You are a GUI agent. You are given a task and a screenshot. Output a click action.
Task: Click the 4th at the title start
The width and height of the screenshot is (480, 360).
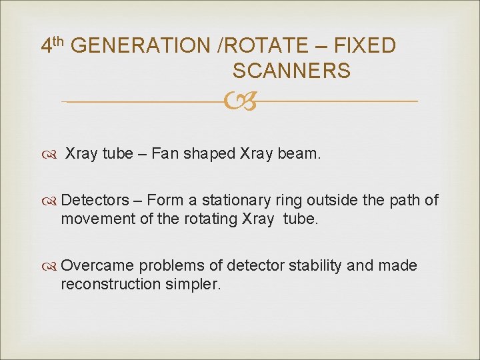(x=53, y=45)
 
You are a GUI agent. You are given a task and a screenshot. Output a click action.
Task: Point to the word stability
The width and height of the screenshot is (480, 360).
(x=315, y=265)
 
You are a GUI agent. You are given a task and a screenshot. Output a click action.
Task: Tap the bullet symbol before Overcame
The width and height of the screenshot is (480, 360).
(x=50, y=266)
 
